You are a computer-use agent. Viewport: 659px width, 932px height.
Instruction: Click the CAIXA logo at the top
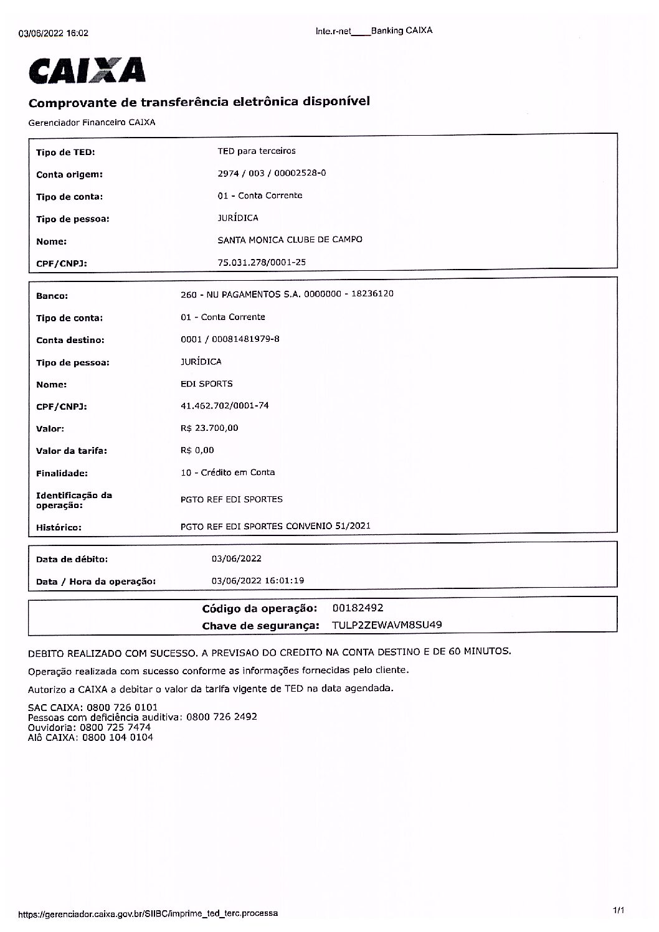(87, 70)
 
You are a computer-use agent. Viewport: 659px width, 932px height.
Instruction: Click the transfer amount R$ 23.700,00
(209, 428)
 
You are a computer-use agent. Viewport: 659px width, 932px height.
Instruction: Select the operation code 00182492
(358, 608)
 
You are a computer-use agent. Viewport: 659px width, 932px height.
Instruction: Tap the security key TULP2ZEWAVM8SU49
(387, 625)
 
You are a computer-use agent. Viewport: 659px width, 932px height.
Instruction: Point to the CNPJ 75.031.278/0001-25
(262, 263)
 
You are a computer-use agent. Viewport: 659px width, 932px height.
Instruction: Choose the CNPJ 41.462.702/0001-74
(224, 406)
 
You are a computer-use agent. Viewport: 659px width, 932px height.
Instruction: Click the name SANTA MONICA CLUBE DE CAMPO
(290, 240)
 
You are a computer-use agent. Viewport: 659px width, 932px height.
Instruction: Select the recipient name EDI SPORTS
(206, 384)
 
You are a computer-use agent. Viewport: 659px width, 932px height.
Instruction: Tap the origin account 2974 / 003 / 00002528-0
(272, 174)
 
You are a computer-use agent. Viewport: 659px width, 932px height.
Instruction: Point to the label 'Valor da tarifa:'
(72, 451)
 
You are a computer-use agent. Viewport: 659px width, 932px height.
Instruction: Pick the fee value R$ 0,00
(197, 451)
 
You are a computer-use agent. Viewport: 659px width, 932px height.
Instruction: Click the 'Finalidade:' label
(62, 474)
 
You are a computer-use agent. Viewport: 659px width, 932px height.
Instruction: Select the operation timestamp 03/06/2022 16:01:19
(258, 581)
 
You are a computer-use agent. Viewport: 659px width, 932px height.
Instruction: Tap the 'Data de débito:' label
(72, 560)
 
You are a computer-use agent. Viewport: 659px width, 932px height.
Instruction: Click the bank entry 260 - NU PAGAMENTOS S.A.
(287, 294)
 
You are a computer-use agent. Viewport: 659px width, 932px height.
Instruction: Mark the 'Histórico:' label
(59, 528)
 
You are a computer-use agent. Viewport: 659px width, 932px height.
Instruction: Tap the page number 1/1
(618, 911)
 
